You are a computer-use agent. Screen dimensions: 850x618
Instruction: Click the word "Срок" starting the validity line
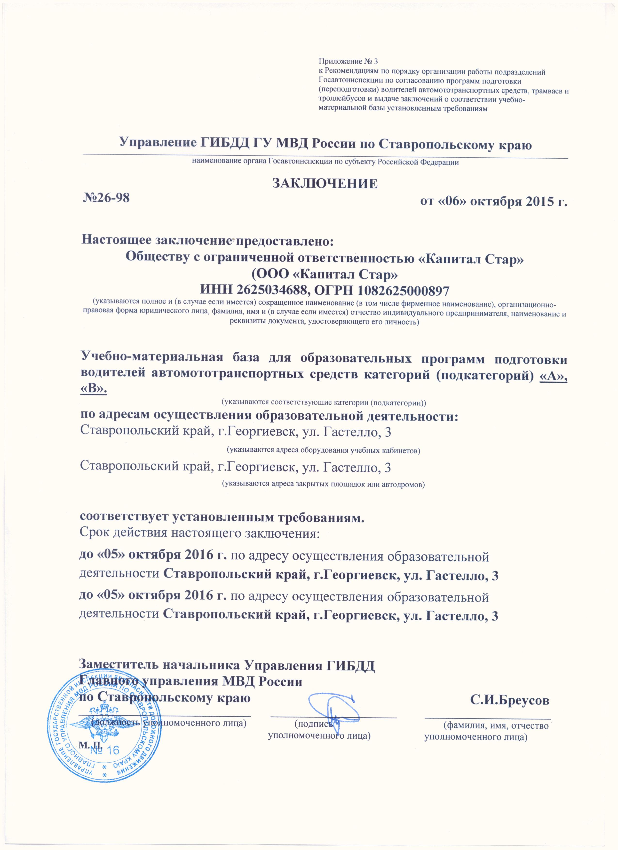click(93, 533)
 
